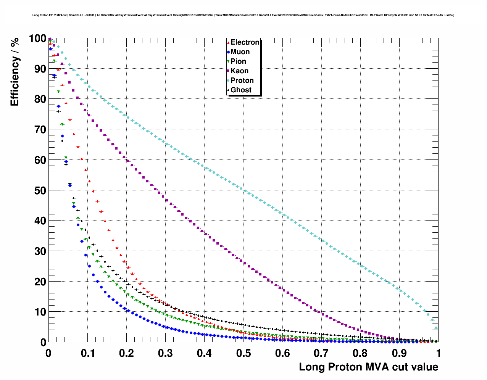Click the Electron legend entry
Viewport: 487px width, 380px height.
click(245, 42)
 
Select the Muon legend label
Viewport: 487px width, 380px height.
click(240, 52)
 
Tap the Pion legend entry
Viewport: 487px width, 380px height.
click(238, 61)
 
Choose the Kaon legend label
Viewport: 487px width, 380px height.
click(239, 71)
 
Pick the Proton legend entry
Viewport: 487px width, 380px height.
click(242, 81)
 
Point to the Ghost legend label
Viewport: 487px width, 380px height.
click(241, 90)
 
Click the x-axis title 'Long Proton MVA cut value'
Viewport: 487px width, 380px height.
click(368, 367)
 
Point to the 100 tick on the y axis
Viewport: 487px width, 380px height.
click(37, 39)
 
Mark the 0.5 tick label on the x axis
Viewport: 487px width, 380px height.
click(243, 353)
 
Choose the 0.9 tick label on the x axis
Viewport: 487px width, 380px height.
click(400, 353)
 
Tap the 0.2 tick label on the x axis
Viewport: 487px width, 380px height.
click(126, 353)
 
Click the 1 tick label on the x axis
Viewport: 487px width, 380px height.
click(439, 353)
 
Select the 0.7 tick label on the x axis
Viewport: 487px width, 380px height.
click(321, 353)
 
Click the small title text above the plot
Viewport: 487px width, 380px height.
click(243, 15)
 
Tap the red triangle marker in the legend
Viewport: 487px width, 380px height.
click(228, 43)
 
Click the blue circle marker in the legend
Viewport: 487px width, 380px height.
click(228, 52)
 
